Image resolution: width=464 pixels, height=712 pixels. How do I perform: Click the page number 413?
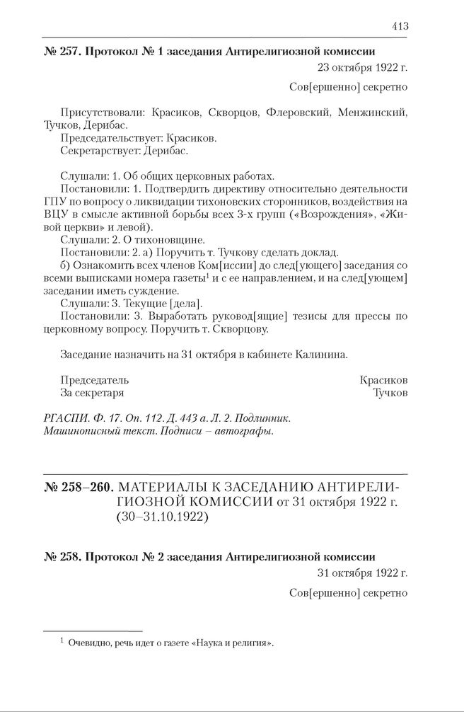coord(399,26)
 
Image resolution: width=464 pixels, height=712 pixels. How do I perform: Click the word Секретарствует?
coord(99,151)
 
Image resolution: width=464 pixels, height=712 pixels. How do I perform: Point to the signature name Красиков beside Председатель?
coord(383,379)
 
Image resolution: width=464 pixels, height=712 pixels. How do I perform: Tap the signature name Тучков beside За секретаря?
coord(390,392)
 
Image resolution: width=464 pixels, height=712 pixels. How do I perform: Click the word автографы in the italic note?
coord(245,430)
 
